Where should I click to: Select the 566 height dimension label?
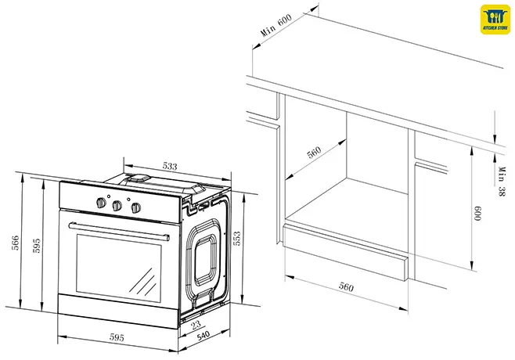coord(15,243)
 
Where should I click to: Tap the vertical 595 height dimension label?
coord(36,246)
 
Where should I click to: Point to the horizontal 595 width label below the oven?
coord(117,338)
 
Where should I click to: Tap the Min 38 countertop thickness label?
coord(499,180)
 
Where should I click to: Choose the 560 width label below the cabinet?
coord(345,286)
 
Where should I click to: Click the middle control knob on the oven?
coord(117,206)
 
